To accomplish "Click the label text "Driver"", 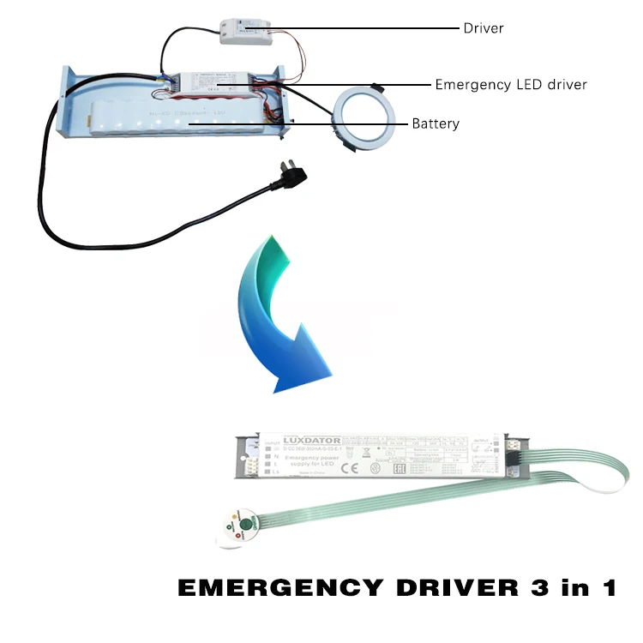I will (484, 28).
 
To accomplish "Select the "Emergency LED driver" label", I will (511, 84).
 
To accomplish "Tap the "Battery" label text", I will (436, 123).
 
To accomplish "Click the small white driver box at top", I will (246, 33).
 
